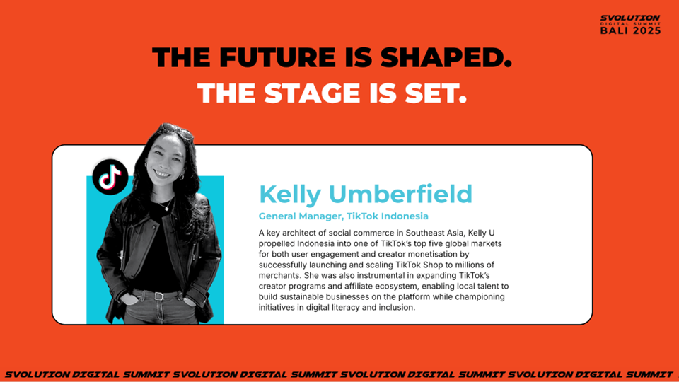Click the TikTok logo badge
point(110,177)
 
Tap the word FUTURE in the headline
point(277,57)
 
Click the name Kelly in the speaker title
point(290,195)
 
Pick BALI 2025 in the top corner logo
point(630,30)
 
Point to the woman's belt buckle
point(159,296)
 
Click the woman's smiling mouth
point(162,174)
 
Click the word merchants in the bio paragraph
point(279,275)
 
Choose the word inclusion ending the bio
point(397,308)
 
